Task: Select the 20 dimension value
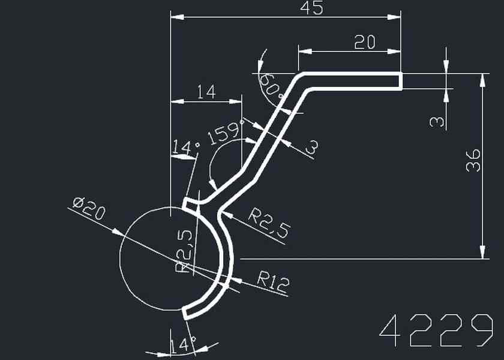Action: (x=365, y=42)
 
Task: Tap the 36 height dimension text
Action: (x=473, y=160)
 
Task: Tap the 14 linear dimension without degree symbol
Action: (x=206, y=92)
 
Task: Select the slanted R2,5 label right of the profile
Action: (x=271, y=221)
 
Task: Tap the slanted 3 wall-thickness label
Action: (x=311, y=147)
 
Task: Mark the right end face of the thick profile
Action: (x=400, y=80)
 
